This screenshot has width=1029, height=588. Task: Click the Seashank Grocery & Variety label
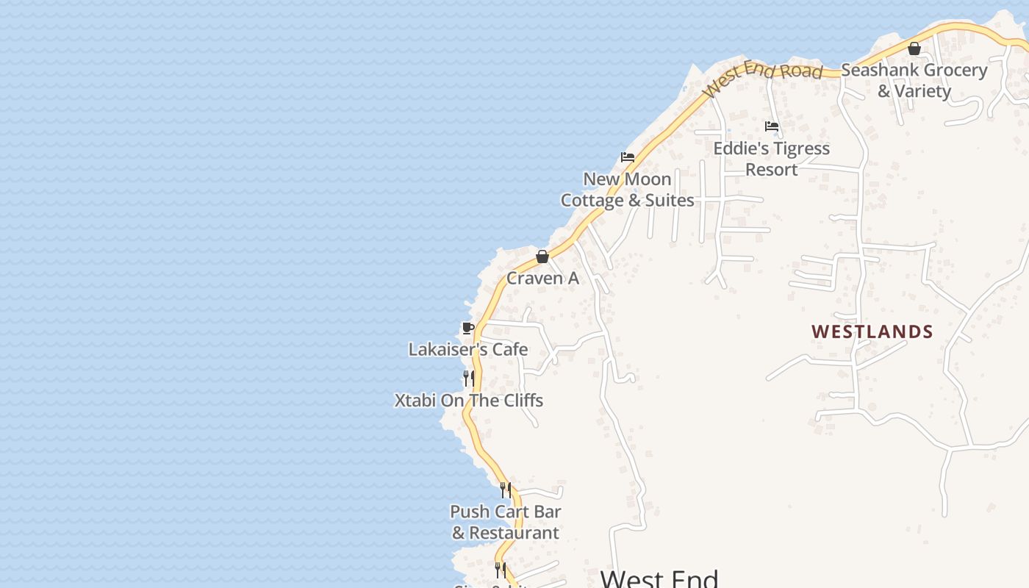point(914,80)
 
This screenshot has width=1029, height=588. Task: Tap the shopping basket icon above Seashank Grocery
point(914,49)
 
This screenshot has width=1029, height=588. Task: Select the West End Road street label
point(763,76)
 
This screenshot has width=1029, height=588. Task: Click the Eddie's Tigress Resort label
point(771,159)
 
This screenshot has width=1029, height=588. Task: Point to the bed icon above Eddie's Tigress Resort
point(772,126)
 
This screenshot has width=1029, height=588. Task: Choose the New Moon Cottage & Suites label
point(627,190)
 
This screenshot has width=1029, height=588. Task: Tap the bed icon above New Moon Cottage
point(628,157)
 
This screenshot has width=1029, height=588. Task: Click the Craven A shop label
point(542,279)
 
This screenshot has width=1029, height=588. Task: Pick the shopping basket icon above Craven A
point(542,257)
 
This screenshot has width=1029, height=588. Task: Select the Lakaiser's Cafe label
point(468,349)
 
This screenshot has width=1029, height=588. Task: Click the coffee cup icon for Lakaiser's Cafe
point(467,328)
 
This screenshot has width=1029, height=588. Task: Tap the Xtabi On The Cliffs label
point(469,401)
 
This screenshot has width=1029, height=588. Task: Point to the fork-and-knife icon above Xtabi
point(468,379)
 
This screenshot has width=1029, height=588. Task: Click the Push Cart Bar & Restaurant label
point(506,522)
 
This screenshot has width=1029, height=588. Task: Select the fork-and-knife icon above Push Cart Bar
point(506,490)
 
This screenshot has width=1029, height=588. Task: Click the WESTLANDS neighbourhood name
point(872,331)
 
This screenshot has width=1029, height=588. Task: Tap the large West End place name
point(659,578)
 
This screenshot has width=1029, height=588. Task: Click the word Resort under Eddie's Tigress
point(771,170)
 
